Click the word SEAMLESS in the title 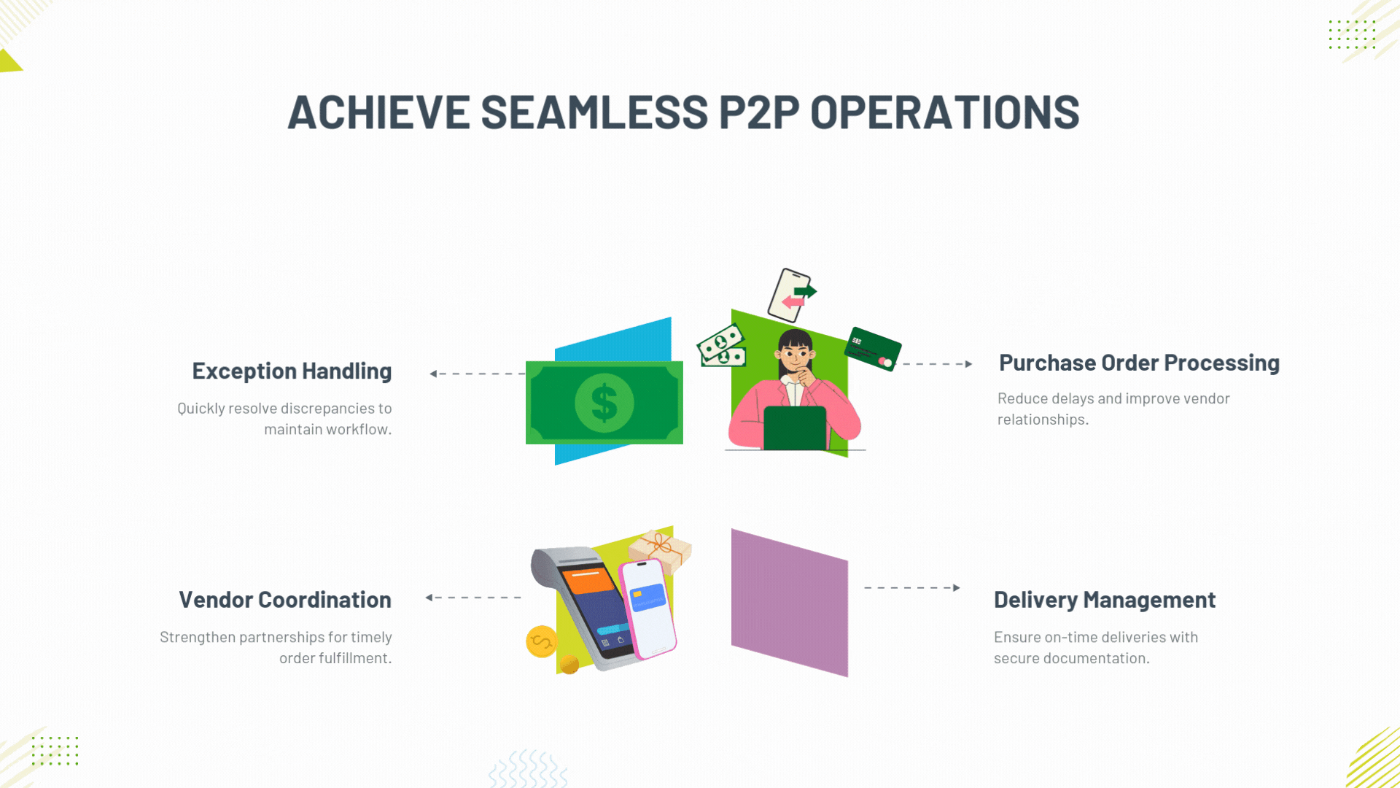[594, 112]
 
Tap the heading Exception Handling [292, 371]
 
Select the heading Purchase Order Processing [1139, 363]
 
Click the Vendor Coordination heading [285, 600]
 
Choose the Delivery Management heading [1105, 600]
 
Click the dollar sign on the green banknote [604, 403]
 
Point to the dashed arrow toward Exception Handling [477, 374]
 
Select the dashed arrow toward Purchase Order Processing [938, 363]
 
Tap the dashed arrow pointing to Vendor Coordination [473, 598]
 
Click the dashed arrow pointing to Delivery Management [912, 587]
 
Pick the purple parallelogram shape [790, 603]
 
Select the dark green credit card [873, 349]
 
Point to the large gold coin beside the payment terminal [541, 641]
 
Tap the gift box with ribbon [661, 550]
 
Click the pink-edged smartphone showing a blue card [647, 609]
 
